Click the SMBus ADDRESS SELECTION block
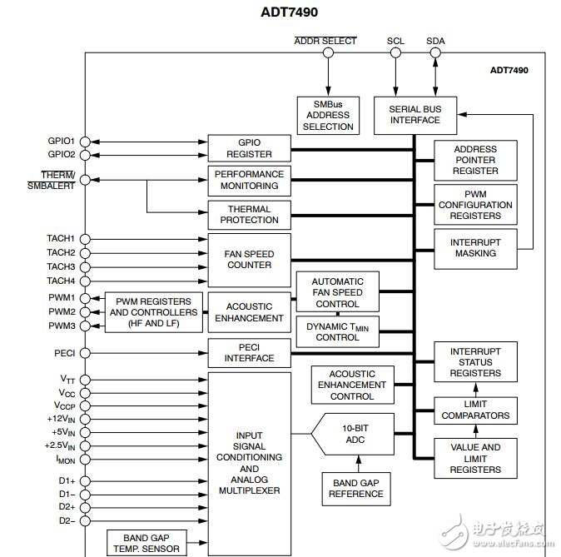click(x=328, y=115)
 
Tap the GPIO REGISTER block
click(x=250, y=148)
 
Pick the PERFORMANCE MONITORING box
click(x=250, y=180)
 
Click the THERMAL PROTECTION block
click(x=250, y=214)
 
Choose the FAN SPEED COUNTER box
click(x=250, y=259)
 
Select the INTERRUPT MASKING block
click(x=475, y=247)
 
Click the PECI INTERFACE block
click(x=250, y=352)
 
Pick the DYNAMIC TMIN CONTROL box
click(x=337, y=332)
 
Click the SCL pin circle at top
click(x=396, y=52)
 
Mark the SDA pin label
click(x=435, y=40)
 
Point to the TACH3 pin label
click(x=60, y=266)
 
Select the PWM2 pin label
click(x=61, y=311)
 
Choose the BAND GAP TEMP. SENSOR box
click(x=146, y=543)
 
